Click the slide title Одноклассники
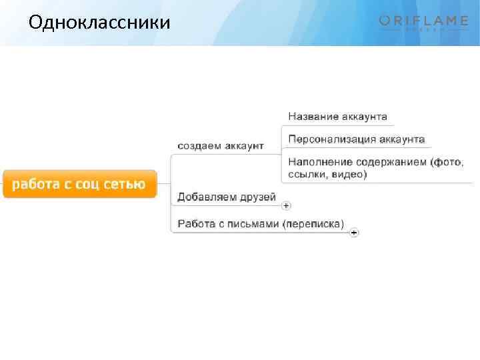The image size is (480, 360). click(x=99, y=23)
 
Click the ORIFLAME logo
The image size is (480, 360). click(x=423, y=23)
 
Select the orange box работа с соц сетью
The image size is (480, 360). click(x=79, y=184)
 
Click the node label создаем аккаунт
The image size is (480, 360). click(x=220, y=145)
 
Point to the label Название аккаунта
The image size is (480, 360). click(x=337, y=117)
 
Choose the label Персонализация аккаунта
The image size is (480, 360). click(x=357, y=139)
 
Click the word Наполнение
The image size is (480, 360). click(x=321, y=162)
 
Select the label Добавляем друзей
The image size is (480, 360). click(x=226, y=198)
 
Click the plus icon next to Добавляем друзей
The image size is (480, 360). click(x=286, y=205)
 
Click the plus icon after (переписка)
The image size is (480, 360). click(x=354, y=233)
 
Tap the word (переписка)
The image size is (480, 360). click(x=313, y=224)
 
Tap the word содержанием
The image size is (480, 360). click(x=391, y=162)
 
